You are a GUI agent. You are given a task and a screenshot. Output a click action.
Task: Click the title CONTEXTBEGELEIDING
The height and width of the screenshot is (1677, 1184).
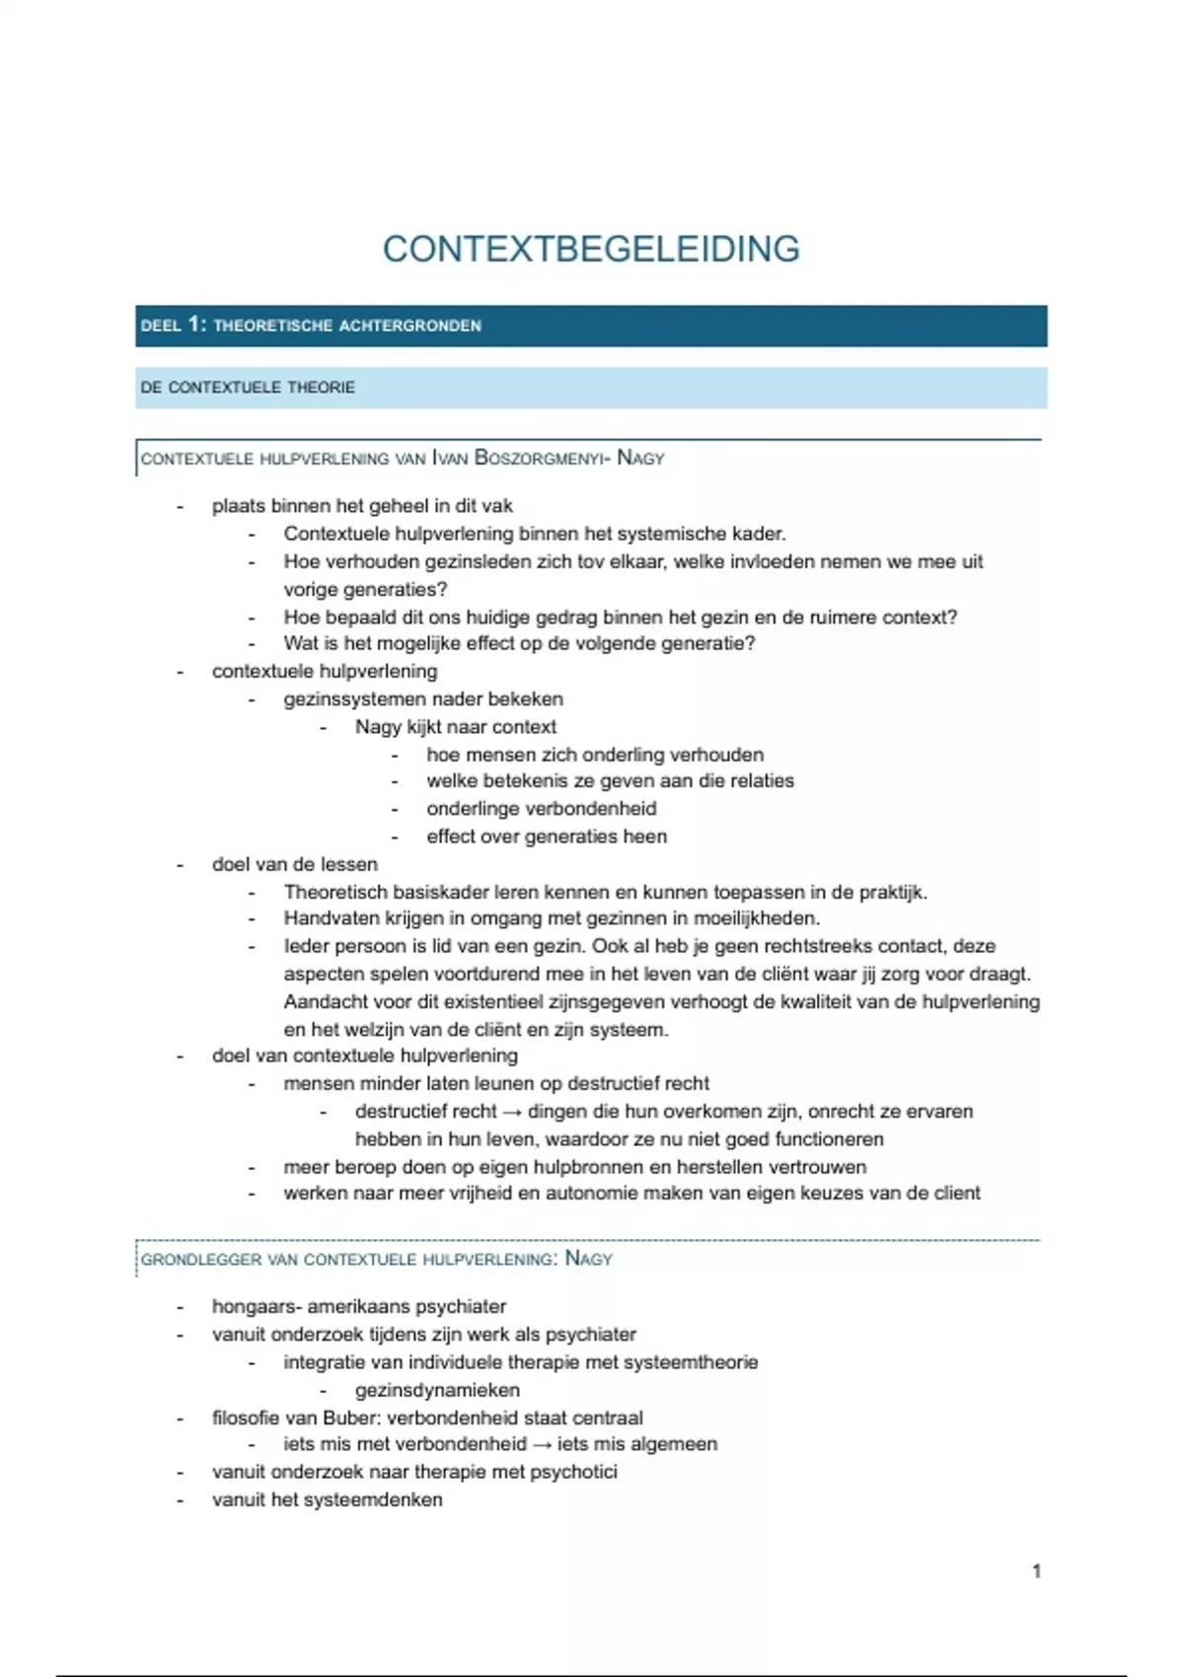[x=591, y=249]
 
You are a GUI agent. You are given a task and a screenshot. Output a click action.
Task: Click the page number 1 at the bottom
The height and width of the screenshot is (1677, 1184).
[x=1036, y=1570]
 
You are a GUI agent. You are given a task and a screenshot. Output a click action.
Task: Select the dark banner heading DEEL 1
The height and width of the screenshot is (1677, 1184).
[x=311, y=326]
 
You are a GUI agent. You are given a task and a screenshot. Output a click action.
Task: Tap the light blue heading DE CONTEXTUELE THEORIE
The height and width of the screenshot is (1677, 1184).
[x=248, y=388]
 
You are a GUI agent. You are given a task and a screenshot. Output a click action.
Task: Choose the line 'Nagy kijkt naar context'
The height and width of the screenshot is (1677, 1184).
[x=456, y=727]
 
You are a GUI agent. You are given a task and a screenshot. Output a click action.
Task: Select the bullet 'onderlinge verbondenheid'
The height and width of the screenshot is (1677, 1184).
[x=541, y=809]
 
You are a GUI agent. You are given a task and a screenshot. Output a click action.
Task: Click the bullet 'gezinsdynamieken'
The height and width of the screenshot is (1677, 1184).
[x=437, y=1390]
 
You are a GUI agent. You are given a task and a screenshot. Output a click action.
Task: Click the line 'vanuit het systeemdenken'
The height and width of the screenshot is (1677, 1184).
[x=327, y=1499]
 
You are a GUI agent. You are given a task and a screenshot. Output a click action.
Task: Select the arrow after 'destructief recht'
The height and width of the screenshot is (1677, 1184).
[x=512, y=1112]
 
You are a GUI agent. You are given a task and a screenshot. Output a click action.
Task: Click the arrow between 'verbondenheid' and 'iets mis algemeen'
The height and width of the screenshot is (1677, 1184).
[x=542, y=1444]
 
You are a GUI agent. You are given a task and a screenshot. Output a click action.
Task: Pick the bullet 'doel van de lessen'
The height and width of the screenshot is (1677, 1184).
[x=294, y=864]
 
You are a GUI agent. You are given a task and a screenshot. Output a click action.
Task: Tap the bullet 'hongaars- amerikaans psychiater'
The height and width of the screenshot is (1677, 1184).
[x=358, y=1306]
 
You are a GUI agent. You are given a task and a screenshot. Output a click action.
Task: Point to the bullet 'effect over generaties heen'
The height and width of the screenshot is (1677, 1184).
[x=547, y=837]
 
